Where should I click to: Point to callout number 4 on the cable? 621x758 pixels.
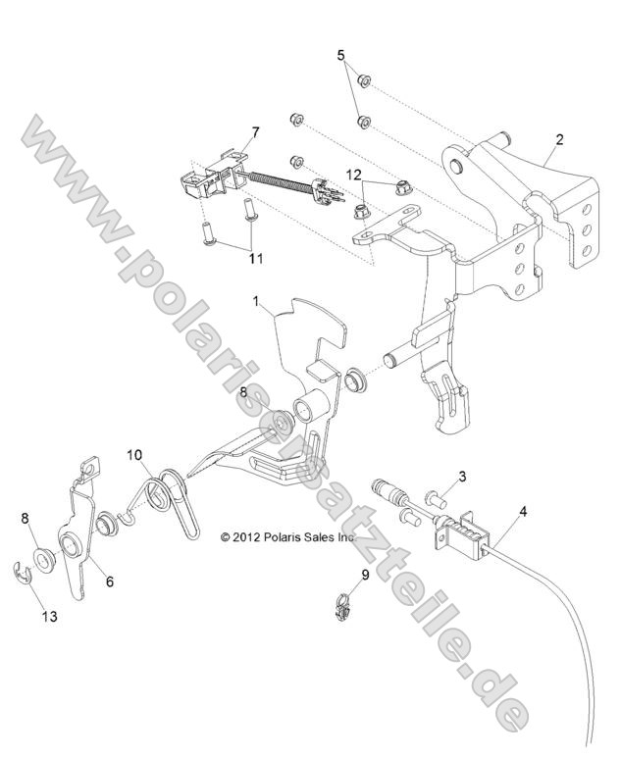click(x=522, y=511)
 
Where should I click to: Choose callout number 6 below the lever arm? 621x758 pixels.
click(x=109, y=581)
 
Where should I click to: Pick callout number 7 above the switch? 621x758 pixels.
click(x=255, y=131)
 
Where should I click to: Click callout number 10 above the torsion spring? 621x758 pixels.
click(x=133, y=454)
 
